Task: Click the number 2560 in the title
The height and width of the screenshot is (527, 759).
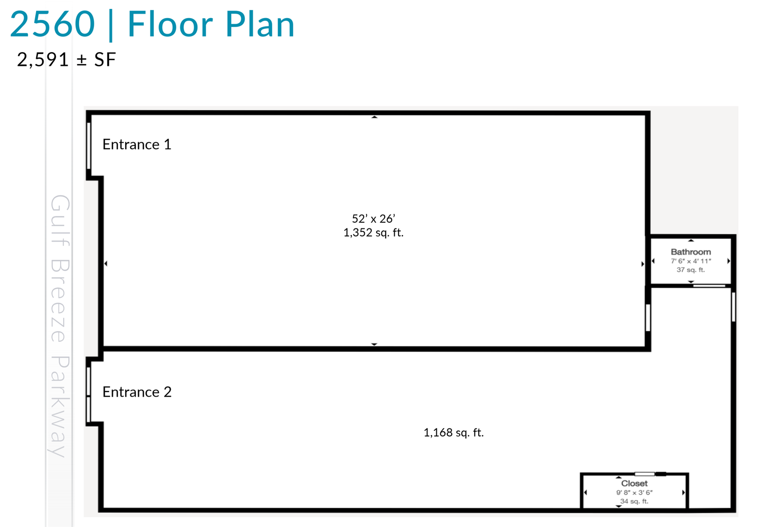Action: (53, 24)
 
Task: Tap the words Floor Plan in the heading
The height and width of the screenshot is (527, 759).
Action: (211, 24)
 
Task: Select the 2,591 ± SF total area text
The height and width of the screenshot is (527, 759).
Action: (66, 60)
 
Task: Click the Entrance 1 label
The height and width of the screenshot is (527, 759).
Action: (137, 145)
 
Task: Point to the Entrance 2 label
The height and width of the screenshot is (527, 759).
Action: (137, 392)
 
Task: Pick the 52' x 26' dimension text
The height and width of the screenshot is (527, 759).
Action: (373, 218)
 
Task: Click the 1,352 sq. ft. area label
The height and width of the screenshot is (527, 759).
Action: (373, 233)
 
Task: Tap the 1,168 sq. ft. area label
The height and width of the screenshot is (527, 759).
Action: (454, 432)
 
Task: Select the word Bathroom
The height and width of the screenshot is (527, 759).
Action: (691, 252)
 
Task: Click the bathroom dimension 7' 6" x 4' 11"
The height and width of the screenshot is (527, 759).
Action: (691, 261)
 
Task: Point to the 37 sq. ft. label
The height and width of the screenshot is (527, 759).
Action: (691, 270)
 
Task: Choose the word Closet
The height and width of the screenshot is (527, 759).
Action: (634, 483)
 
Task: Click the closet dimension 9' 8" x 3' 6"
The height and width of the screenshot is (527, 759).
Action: (634, 492)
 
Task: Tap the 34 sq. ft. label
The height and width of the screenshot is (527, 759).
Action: (634, 501)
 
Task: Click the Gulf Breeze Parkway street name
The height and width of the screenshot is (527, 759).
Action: (60, 326)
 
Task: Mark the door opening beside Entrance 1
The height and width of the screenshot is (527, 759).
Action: (89, 145)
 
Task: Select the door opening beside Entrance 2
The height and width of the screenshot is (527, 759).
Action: (89, 395)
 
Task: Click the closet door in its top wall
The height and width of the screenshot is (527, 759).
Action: (645, 474)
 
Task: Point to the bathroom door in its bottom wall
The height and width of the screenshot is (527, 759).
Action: (709, 286)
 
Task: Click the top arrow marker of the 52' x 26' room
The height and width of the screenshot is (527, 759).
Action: (374, 117)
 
